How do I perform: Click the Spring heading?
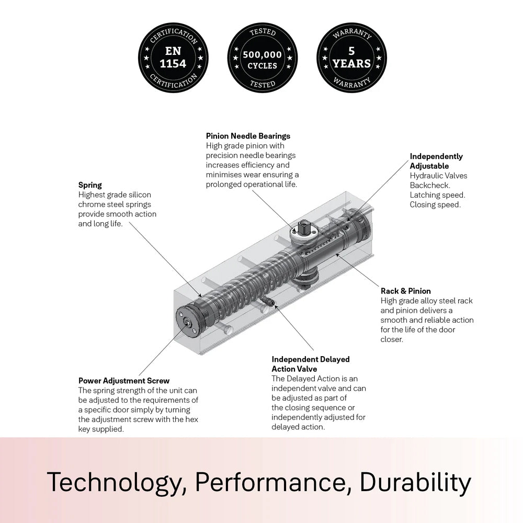(90, 185)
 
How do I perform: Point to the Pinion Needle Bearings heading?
(248, 136)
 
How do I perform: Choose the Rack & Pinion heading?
(406, 291)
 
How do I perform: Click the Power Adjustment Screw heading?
(124, 381)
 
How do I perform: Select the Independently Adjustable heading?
(436, 161)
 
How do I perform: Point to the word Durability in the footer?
(416, 483)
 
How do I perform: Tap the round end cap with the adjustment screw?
(187, 322)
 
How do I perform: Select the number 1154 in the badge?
(173, 64)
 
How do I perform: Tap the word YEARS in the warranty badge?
(352, 64)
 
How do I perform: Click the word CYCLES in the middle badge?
(263, 66)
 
